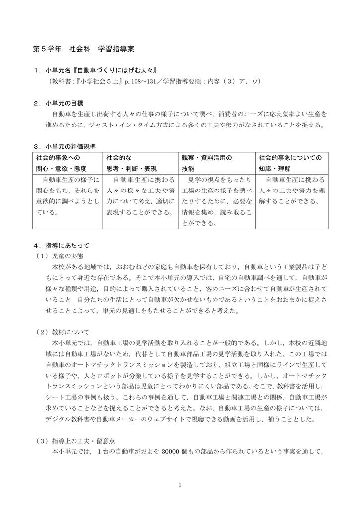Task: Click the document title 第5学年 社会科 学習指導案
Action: tap(83, 50)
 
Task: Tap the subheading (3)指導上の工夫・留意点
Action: tap(75, 441)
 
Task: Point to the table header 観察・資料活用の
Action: tap(207, 157)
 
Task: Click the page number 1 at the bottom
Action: tap(180, 485)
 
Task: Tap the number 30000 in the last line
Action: tap(172, 451)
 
